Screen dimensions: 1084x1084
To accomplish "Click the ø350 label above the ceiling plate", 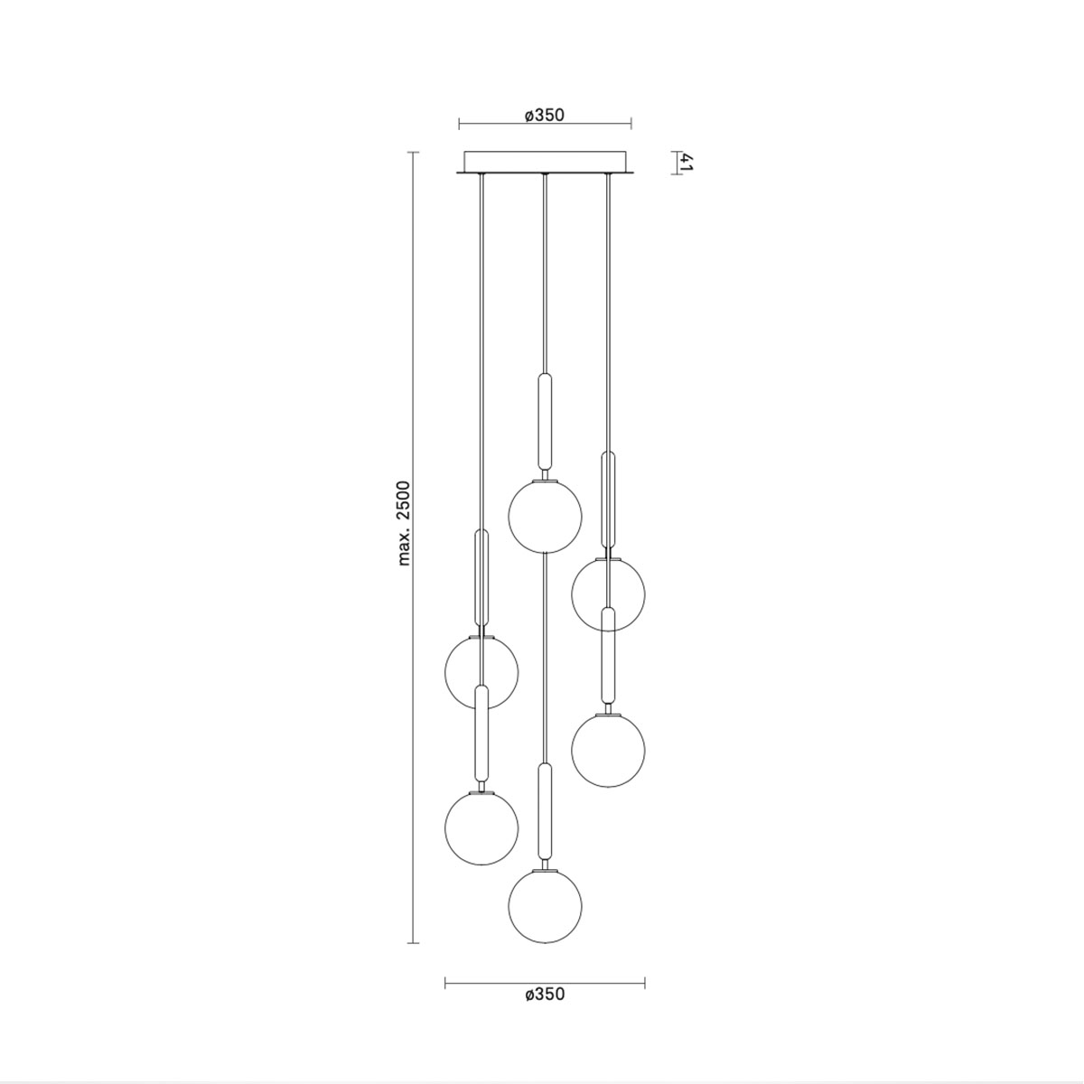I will click(x=544, y=115).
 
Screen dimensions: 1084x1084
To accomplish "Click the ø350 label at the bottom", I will click(x=544, y=994).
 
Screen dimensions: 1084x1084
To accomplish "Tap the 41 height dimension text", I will click(x=687, y=163).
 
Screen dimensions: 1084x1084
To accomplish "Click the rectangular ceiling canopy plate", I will click(x=545, y=161).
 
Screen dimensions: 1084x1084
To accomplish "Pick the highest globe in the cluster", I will click(x=545, y=515).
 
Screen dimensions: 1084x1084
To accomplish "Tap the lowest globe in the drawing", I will click(x=545, y=904).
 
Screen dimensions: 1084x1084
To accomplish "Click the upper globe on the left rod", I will click(x=481, y=670).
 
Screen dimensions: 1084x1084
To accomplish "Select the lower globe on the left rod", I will click(x=481, y=827).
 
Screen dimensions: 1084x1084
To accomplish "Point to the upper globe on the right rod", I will click(x=608, y=593).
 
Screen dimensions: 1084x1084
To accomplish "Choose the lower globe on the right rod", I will click(x=608, y=751).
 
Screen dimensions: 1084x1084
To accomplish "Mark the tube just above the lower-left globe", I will click(x=481, y=734).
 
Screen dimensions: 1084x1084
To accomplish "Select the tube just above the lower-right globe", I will click(x=608, y=656).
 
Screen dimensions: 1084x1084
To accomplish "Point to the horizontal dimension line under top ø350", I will click(x=544, y=125).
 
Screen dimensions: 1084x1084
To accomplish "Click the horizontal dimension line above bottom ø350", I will click(x=544, y=982).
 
